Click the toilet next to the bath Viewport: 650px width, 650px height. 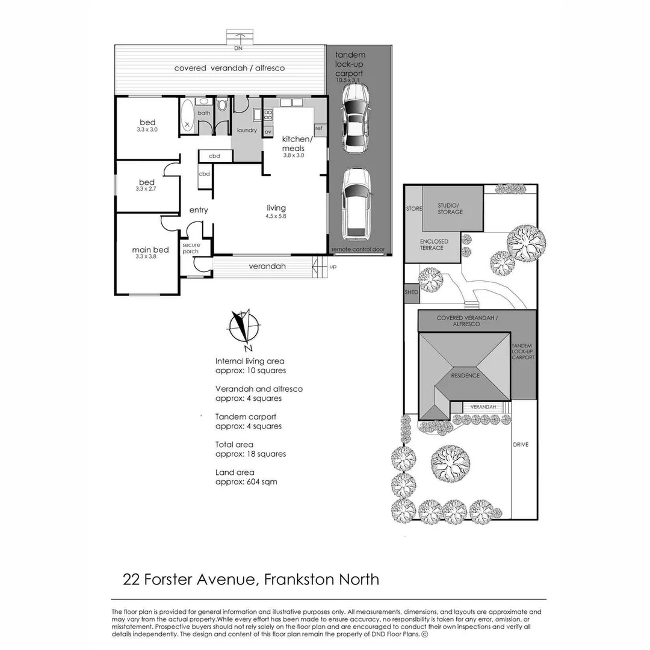point(222,107)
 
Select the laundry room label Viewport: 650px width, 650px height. point(247,131)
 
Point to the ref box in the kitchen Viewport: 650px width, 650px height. point(318,128)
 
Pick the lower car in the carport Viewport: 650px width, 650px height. point(356,203)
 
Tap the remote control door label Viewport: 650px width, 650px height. point(358,249)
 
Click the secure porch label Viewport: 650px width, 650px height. point(191,248)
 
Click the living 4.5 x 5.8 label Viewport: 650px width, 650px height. point(276,211)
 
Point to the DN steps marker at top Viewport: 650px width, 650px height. point(239,47)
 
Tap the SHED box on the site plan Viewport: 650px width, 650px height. point(411,292)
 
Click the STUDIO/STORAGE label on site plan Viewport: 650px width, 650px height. point(450,208)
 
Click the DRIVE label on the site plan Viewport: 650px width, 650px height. point(521,445)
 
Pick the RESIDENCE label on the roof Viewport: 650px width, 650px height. point(466,376)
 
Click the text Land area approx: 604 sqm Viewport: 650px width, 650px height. point(246,477)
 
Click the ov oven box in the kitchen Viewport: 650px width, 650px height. point(268,131)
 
